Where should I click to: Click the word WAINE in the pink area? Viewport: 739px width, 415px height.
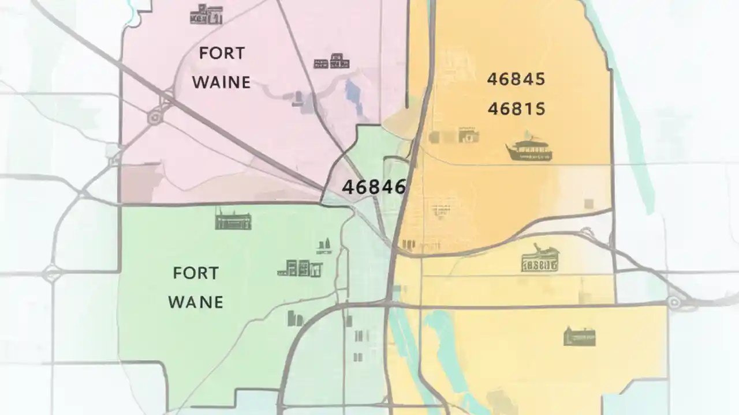point(221,82)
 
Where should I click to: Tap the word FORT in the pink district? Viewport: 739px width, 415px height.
point(222,54)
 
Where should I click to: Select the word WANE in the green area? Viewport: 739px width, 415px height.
point(196,302)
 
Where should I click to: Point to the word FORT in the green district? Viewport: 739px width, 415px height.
point(196,273)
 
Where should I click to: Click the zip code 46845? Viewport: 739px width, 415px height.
point(516,80)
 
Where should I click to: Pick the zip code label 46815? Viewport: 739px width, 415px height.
point(516,109)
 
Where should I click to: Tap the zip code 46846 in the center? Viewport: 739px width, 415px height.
point(374,187)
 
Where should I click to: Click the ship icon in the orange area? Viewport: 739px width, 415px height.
point(529,148)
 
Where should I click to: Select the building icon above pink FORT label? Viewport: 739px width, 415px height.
point(206,14)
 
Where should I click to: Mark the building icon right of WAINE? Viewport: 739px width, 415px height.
point(331,61)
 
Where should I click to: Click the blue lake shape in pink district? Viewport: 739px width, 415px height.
point(352,92)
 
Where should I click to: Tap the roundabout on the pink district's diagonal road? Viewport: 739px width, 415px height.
point(154,118)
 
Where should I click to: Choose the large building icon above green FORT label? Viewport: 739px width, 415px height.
point(233,219)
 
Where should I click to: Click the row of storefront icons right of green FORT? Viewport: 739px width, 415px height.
point(300,268)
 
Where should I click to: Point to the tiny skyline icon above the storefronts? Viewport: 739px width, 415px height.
point(324,246)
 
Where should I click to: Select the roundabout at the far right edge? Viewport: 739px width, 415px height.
point(674,301)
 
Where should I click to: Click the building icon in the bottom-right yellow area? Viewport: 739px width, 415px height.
point(580,336)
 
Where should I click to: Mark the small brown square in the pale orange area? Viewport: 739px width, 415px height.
point(588,203)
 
